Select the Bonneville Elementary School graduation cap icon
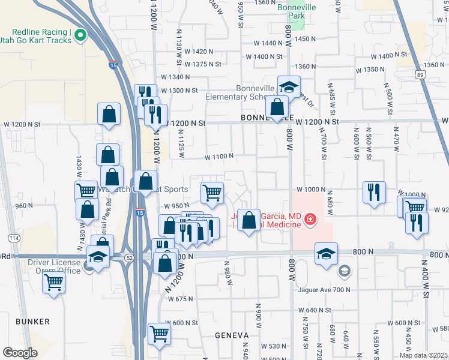289,86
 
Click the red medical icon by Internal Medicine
310,220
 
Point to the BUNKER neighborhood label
33,322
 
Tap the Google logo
19,353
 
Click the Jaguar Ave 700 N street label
324,290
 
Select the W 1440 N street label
268,43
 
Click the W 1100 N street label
218,157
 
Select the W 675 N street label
181,298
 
